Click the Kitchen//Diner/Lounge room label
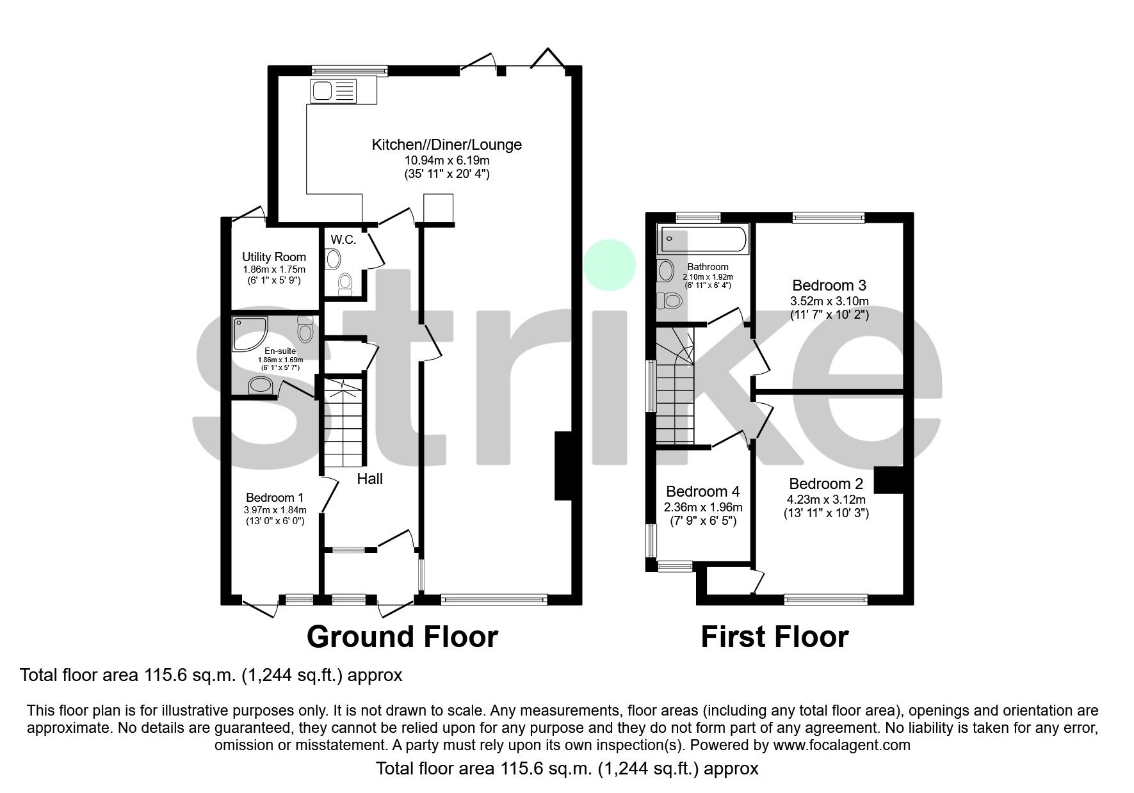pos(446,145)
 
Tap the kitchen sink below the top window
pos(333,91)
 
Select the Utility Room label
pos(273,257)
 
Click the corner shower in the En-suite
pos(250,334)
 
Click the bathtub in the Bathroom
pos(703,239)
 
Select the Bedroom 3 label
pos(829,285)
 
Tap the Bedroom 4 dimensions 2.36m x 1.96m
pos(703,508)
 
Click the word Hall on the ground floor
pos(370,479)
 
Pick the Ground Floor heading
pos(402,637)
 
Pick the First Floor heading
pos(774,637)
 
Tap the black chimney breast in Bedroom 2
pos(889,480)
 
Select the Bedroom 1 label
pos(275,497)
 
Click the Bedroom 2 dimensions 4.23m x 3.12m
pos(826,499)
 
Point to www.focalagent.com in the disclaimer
pos(841,745)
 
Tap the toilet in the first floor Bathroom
pos(672,300)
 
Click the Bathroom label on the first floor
pos(708,267)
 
